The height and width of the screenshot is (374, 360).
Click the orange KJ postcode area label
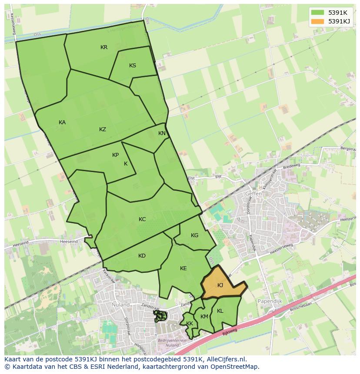[x=220, y=285]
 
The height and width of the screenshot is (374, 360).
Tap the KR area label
[x=104, y=47]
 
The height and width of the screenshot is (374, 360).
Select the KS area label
[x=133, y=66]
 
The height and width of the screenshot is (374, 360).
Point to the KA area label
[x=62, y=122]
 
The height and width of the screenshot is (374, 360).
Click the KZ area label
[x=103, y=129]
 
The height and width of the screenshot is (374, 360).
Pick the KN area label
[x=162, y=133]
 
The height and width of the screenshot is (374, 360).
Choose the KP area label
[x=115, y=155]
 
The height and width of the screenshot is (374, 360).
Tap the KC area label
[x=142, y=219]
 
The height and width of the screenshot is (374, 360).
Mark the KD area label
[x=142, y=256]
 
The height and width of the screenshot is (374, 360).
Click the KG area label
[x=194, y=235]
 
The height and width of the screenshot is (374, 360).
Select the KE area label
[x=183, y=268]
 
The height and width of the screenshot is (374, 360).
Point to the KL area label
[x=220, y=311]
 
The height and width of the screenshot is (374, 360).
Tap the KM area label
[x=204, y=317]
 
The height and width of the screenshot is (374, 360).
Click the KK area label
[x=190, y=324]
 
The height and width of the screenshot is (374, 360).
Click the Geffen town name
[x=253, y=194]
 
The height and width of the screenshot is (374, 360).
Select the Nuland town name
[x=120, y=305]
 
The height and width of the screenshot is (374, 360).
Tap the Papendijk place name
[x=270, y=301]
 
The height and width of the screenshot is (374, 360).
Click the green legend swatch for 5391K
[x=317, y=12]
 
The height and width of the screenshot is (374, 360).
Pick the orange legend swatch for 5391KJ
[x=317, y=21]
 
